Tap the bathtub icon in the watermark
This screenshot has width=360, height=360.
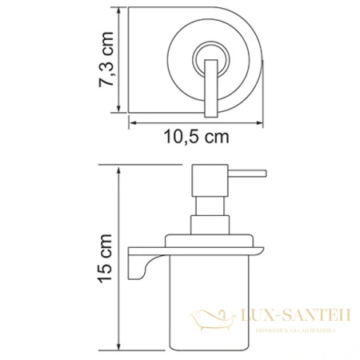(x=214, y=319)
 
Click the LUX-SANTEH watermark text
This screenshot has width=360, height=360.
(x=293, y=318)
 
